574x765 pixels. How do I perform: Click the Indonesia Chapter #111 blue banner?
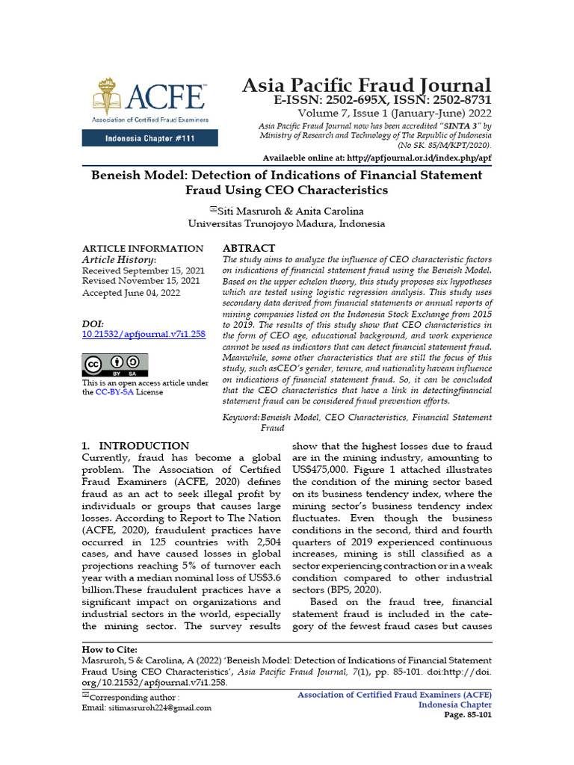tap(150, 138)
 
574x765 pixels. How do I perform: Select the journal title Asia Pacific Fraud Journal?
tap(366, 85)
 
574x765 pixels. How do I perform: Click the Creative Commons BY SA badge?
tap(114, 365)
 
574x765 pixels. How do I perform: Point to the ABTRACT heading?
tap(250, 248)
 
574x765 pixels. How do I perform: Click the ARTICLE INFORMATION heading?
tap(142, 248)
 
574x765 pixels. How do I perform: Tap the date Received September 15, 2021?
tap(143, 270)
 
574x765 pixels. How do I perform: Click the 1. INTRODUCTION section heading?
tap(135, 446)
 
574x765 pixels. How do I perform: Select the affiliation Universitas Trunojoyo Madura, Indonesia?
tap(286, 223)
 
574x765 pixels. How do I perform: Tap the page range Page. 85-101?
tap(468, 714)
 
